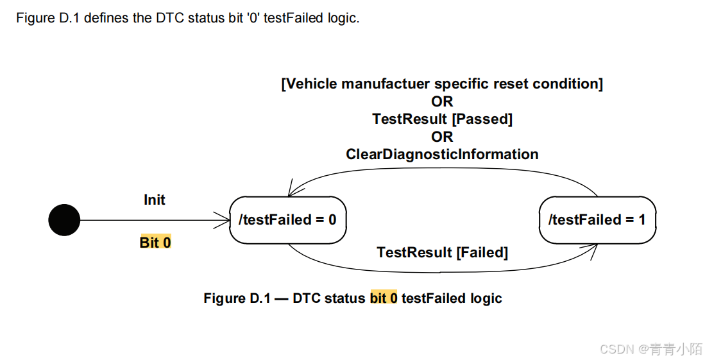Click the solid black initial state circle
click(64, 220)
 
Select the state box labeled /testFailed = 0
click(287, 220)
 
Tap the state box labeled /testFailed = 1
click(597, 220)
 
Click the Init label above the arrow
click(155, 200)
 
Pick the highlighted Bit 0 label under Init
click(155, 243)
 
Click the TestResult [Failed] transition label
click(442, 253)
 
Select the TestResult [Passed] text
click(442, 119)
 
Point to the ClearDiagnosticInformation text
click(442, 155)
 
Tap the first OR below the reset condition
click(442, 101)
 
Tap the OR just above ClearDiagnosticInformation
click(442, 137)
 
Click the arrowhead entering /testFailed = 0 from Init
click(225, 220)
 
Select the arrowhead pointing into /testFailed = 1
click(593, 249)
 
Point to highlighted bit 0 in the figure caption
click(384, 298)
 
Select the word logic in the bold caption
click(486, 298)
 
